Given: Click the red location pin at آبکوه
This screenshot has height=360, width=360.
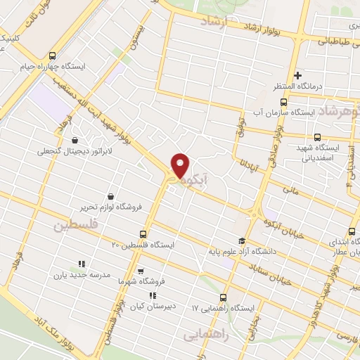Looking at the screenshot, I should click(181, 166).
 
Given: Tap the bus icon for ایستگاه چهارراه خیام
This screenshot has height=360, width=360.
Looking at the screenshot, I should click(53, 56).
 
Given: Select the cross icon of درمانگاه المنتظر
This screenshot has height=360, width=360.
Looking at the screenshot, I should click(298, 75).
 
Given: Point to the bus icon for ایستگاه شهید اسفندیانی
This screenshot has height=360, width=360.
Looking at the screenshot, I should click(318, 137).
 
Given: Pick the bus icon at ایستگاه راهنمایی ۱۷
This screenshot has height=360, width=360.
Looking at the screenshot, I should click(224, 297).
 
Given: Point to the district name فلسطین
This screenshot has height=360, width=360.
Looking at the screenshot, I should click(73, 227).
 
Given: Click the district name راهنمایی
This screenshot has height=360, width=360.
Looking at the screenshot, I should click(207, 336).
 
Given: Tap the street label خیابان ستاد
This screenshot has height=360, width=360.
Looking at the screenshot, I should click(288, 266).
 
